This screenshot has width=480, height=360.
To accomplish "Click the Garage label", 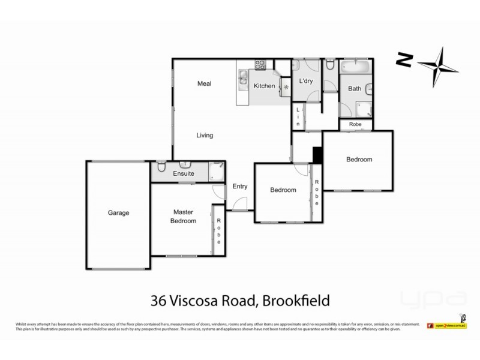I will click(118, 212).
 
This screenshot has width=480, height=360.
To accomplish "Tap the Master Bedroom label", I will click(184, 217).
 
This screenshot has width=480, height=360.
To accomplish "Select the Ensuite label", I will click(183, 173).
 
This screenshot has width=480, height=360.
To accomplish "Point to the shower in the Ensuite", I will click(216, 172).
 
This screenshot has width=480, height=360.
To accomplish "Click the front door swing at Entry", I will click(238, 204).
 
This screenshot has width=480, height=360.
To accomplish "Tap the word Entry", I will click(240, 186).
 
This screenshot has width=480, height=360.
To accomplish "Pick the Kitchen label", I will click(264, 86).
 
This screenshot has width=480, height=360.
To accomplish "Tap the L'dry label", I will click(307, 82).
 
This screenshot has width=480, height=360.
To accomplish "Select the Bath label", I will click(355, 89).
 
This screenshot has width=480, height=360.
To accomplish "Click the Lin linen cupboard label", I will click(297, 115).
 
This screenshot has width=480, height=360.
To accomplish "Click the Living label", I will click(205, 135).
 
